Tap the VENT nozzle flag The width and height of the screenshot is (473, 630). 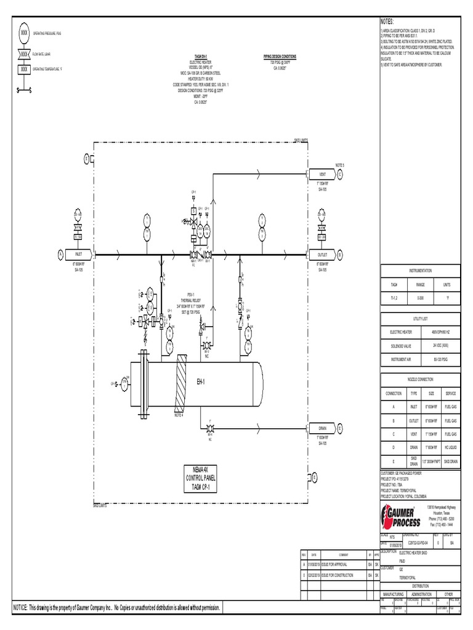point(322,174)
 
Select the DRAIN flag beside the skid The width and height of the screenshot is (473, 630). point(322,428)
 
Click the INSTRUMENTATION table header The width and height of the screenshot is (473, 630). point(421,270)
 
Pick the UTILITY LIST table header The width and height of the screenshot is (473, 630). point(421,319)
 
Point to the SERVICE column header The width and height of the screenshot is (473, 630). point(450,393)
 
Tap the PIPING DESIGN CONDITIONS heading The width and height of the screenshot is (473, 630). point(279,57)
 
